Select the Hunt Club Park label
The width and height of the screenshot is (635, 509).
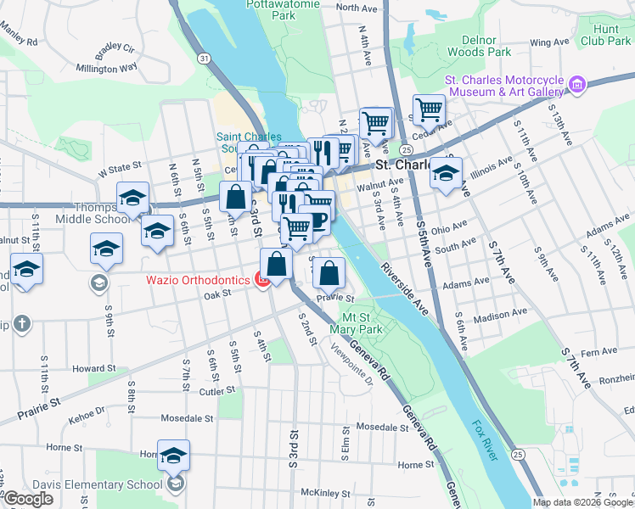605,34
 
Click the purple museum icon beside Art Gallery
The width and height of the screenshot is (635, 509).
578,83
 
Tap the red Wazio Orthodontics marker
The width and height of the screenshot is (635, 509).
264,280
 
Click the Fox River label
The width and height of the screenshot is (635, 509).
484,427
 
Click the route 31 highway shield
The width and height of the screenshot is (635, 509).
203,58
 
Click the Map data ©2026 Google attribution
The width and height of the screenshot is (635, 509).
582,502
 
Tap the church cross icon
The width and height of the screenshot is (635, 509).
22,323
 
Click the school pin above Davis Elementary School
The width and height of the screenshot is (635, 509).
173,456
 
